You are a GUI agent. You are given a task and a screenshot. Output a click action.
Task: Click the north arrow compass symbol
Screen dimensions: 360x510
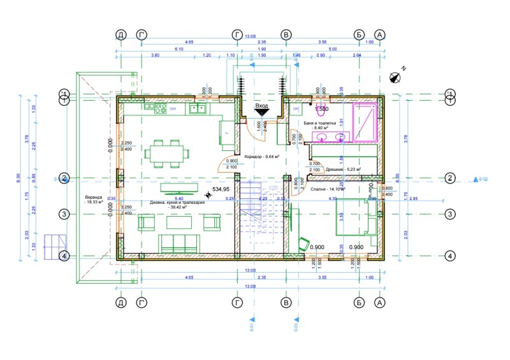395,78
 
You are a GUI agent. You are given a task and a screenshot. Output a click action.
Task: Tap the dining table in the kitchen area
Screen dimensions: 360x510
168,154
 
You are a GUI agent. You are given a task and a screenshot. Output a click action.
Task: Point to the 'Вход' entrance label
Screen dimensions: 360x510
261,106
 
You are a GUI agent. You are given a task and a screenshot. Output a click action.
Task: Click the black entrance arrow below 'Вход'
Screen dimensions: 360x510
262,113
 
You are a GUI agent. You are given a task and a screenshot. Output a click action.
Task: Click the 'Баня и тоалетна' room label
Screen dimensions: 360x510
328,124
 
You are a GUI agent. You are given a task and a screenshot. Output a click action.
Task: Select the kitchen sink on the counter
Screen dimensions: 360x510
194,109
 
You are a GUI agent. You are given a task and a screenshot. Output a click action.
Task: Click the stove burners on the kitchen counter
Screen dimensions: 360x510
154,109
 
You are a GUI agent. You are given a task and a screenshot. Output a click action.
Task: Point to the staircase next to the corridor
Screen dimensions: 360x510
261,217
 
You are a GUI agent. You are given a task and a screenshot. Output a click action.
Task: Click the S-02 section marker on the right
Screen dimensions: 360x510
480,179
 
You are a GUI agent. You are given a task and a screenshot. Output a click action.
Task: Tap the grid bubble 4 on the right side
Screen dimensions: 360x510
450,256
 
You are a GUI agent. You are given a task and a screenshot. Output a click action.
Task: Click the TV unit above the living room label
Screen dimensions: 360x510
178,187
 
